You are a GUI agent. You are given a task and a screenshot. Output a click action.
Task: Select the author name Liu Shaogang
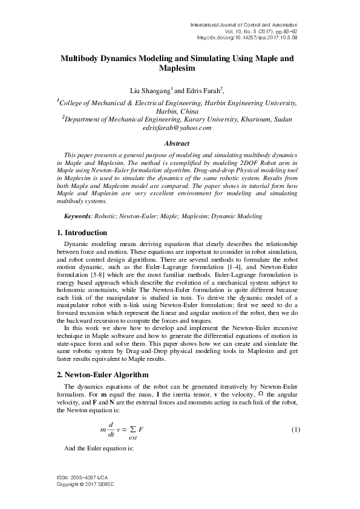pyautogui.click(x=151, y=90)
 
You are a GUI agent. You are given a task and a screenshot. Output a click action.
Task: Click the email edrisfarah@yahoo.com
pyautogui.click(x=177, y=128)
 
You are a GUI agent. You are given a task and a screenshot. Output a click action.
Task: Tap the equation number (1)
pyautogui.click(x=296, y=429)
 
